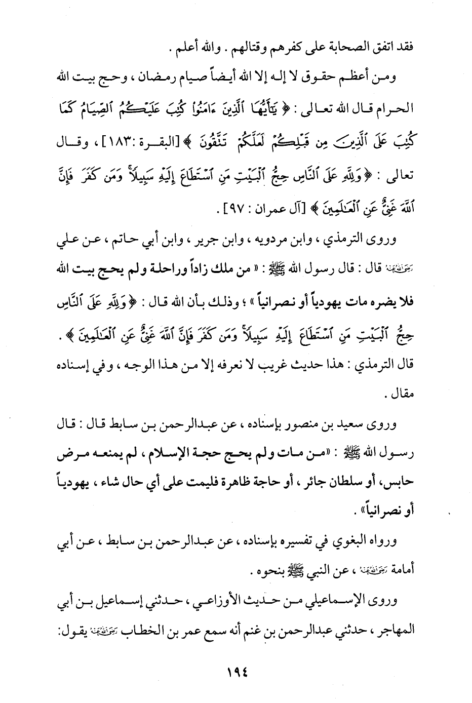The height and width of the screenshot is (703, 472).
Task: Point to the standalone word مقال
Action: coord(403,394)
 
